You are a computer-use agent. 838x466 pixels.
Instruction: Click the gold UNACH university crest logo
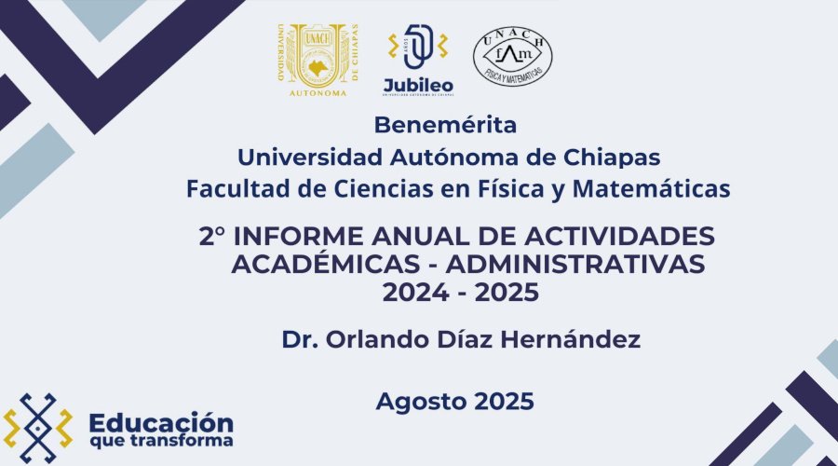coord(317,61)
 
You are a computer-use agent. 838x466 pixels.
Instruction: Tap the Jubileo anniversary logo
coord(417,61)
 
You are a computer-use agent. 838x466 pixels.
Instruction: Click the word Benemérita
coord(444,123)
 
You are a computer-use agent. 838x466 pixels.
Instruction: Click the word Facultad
coord(233,188)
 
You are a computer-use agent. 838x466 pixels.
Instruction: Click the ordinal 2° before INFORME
coord(214,236)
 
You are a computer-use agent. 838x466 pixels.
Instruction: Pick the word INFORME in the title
coord(290,236)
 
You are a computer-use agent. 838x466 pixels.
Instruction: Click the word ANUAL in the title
coord(408,236)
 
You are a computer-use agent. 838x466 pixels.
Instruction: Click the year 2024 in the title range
coord(413,294)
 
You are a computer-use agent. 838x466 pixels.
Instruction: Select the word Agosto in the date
coord(419,402)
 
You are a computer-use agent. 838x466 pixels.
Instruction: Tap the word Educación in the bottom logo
coord(161,420)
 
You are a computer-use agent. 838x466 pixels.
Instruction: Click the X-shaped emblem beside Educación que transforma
coord(38,428)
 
